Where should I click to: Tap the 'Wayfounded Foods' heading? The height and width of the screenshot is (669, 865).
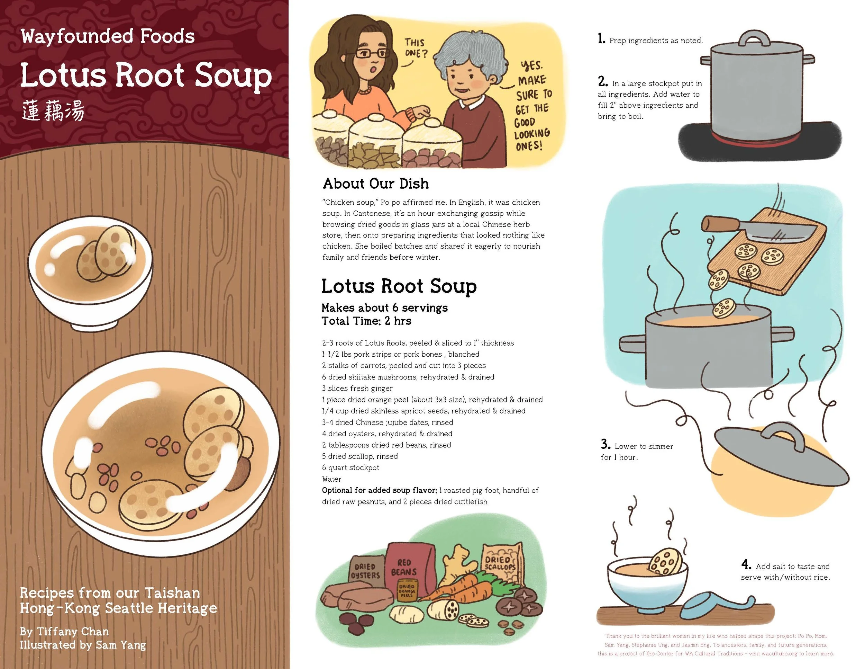(108, 36)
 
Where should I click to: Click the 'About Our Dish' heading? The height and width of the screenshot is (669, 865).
(375, 184)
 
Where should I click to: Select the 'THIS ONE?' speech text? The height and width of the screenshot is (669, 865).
(416, 47)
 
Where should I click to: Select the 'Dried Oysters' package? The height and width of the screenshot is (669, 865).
(365, 571)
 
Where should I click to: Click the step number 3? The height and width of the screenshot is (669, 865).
(605, 444)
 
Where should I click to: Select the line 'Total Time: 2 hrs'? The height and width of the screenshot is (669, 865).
(366, 321)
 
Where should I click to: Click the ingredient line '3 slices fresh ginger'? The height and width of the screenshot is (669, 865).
(357, 389)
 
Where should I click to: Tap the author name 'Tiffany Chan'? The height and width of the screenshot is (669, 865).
(72, 631)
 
